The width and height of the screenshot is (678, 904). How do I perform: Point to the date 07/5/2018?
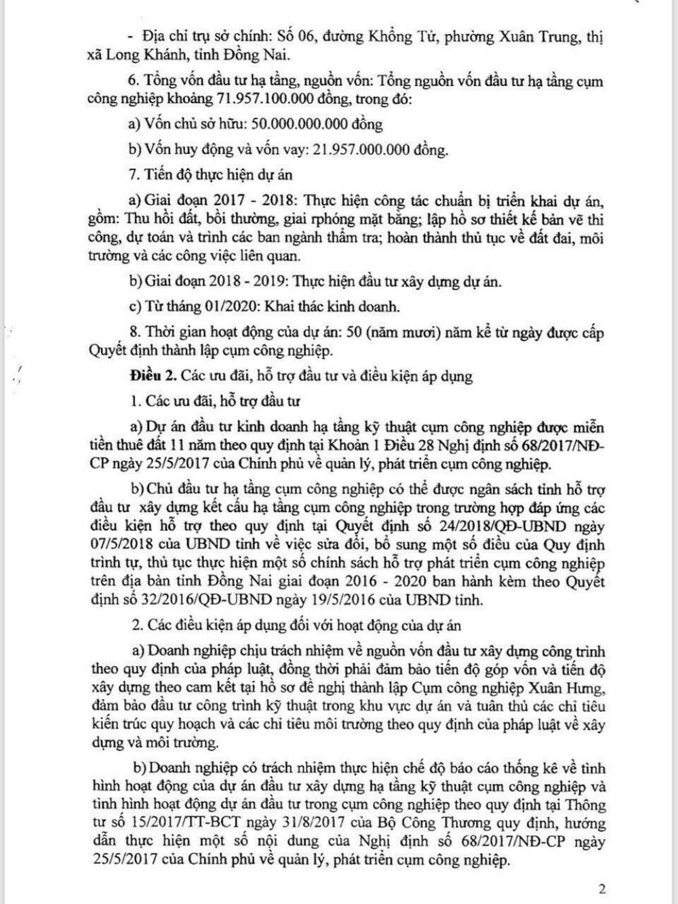[127, 545]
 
